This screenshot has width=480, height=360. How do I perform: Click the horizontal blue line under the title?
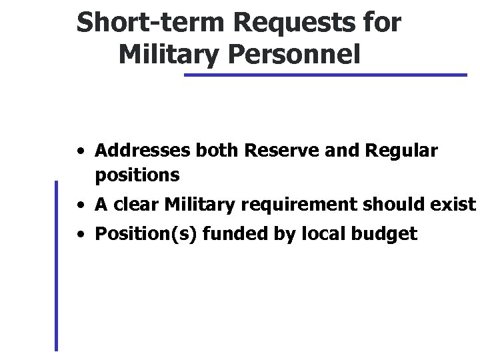(325, 75)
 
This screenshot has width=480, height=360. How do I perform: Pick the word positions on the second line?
(137, 175)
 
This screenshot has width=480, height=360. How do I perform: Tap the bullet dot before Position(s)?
(79, 235)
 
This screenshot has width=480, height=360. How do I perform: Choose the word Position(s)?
(139, 235)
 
